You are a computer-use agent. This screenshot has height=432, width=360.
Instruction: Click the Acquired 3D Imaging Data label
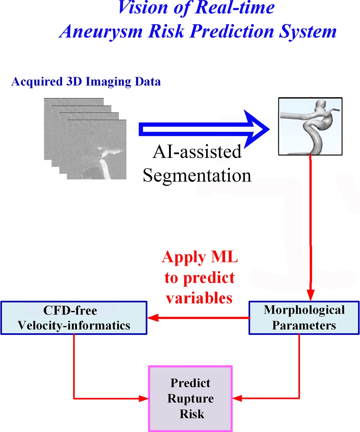[86, 82]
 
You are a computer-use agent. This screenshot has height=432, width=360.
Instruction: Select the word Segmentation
[197, 175]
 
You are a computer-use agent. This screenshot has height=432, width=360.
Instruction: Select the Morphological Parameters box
[304, 318]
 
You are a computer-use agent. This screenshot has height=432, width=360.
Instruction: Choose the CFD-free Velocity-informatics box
[74, 318]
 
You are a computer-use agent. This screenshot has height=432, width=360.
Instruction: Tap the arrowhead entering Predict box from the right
[237, 399]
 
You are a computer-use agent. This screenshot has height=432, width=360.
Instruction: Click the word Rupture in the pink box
[191, 399]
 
